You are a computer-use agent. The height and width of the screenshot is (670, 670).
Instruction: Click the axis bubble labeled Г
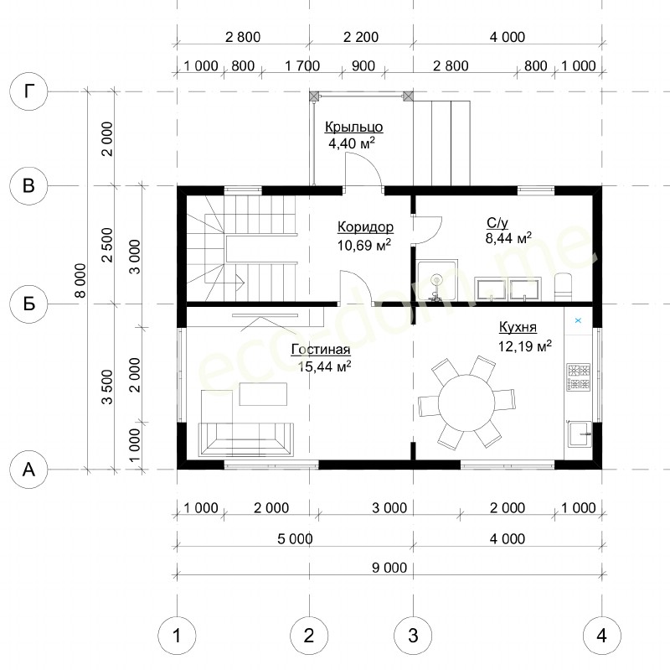coord(28,91)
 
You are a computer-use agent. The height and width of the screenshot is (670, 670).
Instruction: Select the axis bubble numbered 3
coord(413,636)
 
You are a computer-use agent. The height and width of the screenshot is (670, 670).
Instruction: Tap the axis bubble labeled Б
coord(28,304)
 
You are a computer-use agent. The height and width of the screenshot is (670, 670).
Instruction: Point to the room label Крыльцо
coord(353,127)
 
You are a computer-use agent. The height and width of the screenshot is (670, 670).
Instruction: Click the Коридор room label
coord(365,226)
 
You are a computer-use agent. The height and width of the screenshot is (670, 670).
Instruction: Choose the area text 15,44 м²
coord(325,366)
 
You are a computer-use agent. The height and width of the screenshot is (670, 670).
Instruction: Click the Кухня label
coord(518,327)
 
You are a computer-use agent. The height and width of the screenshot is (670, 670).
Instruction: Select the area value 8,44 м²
coord(508,238)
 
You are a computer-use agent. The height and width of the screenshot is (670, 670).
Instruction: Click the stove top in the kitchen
coord(579,377)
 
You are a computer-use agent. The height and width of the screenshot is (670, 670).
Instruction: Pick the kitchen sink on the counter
coord(579,433)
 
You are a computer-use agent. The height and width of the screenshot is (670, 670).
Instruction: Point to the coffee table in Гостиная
coord(263,394)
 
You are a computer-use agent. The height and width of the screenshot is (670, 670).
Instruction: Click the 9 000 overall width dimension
coord(389,568)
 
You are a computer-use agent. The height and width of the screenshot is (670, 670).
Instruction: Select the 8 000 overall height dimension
coord(80,280)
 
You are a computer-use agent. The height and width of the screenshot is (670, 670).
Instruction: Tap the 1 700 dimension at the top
coord(302,66)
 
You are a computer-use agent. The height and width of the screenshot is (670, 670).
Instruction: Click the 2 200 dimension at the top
coord(361,37)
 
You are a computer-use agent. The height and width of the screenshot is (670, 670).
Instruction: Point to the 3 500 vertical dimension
coord(107,387)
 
